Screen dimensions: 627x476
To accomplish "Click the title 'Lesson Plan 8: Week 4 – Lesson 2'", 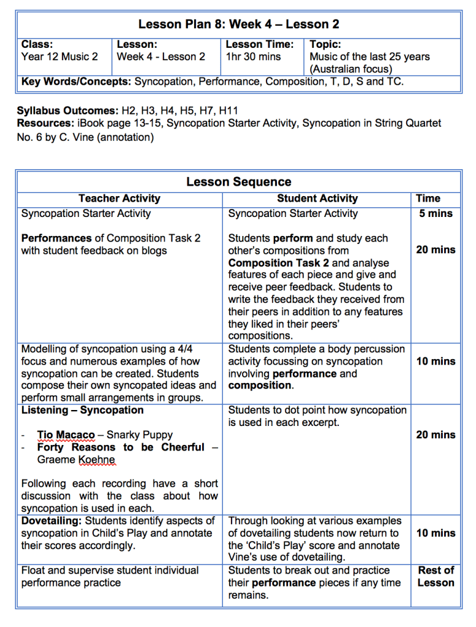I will point(238,25).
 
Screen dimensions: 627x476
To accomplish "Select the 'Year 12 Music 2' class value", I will point(59,57).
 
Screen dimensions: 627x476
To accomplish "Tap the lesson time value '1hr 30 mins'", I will point(253,57).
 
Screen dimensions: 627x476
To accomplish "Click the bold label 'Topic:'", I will point(325,45).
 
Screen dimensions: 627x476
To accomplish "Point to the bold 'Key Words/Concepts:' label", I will point(76,82).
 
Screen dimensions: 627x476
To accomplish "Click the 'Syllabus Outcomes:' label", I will point(67,111).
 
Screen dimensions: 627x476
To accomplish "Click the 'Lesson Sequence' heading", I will point(238,182).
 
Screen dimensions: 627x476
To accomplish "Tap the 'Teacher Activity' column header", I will point(119,199).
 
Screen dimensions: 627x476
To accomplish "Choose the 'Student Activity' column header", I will point(317,199).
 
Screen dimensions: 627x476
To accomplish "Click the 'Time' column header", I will point(428,199).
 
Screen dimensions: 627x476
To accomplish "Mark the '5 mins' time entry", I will point(436,214).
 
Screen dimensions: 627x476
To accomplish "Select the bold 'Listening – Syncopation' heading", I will point(82,410).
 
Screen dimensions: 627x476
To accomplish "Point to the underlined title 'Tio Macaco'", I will point(66,435).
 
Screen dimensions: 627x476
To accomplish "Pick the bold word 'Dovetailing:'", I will point(51,521).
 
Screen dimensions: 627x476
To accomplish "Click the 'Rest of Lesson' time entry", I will point(436,576).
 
